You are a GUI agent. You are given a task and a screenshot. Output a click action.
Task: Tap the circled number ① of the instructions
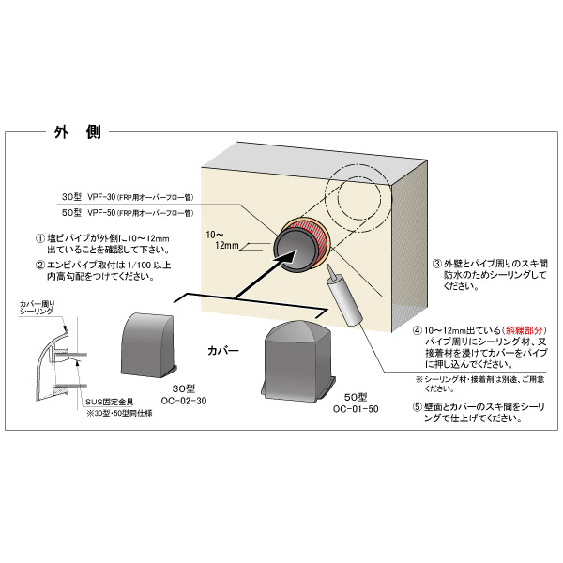click(40, 239)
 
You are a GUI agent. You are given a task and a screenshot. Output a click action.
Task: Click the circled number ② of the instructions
click(40, 265)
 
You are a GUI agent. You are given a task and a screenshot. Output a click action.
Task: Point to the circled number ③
click(436, 265)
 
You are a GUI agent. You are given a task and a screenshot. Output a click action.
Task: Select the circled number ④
click(417, 331)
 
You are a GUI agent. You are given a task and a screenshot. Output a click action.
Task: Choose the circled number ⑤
click(417, 406)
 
